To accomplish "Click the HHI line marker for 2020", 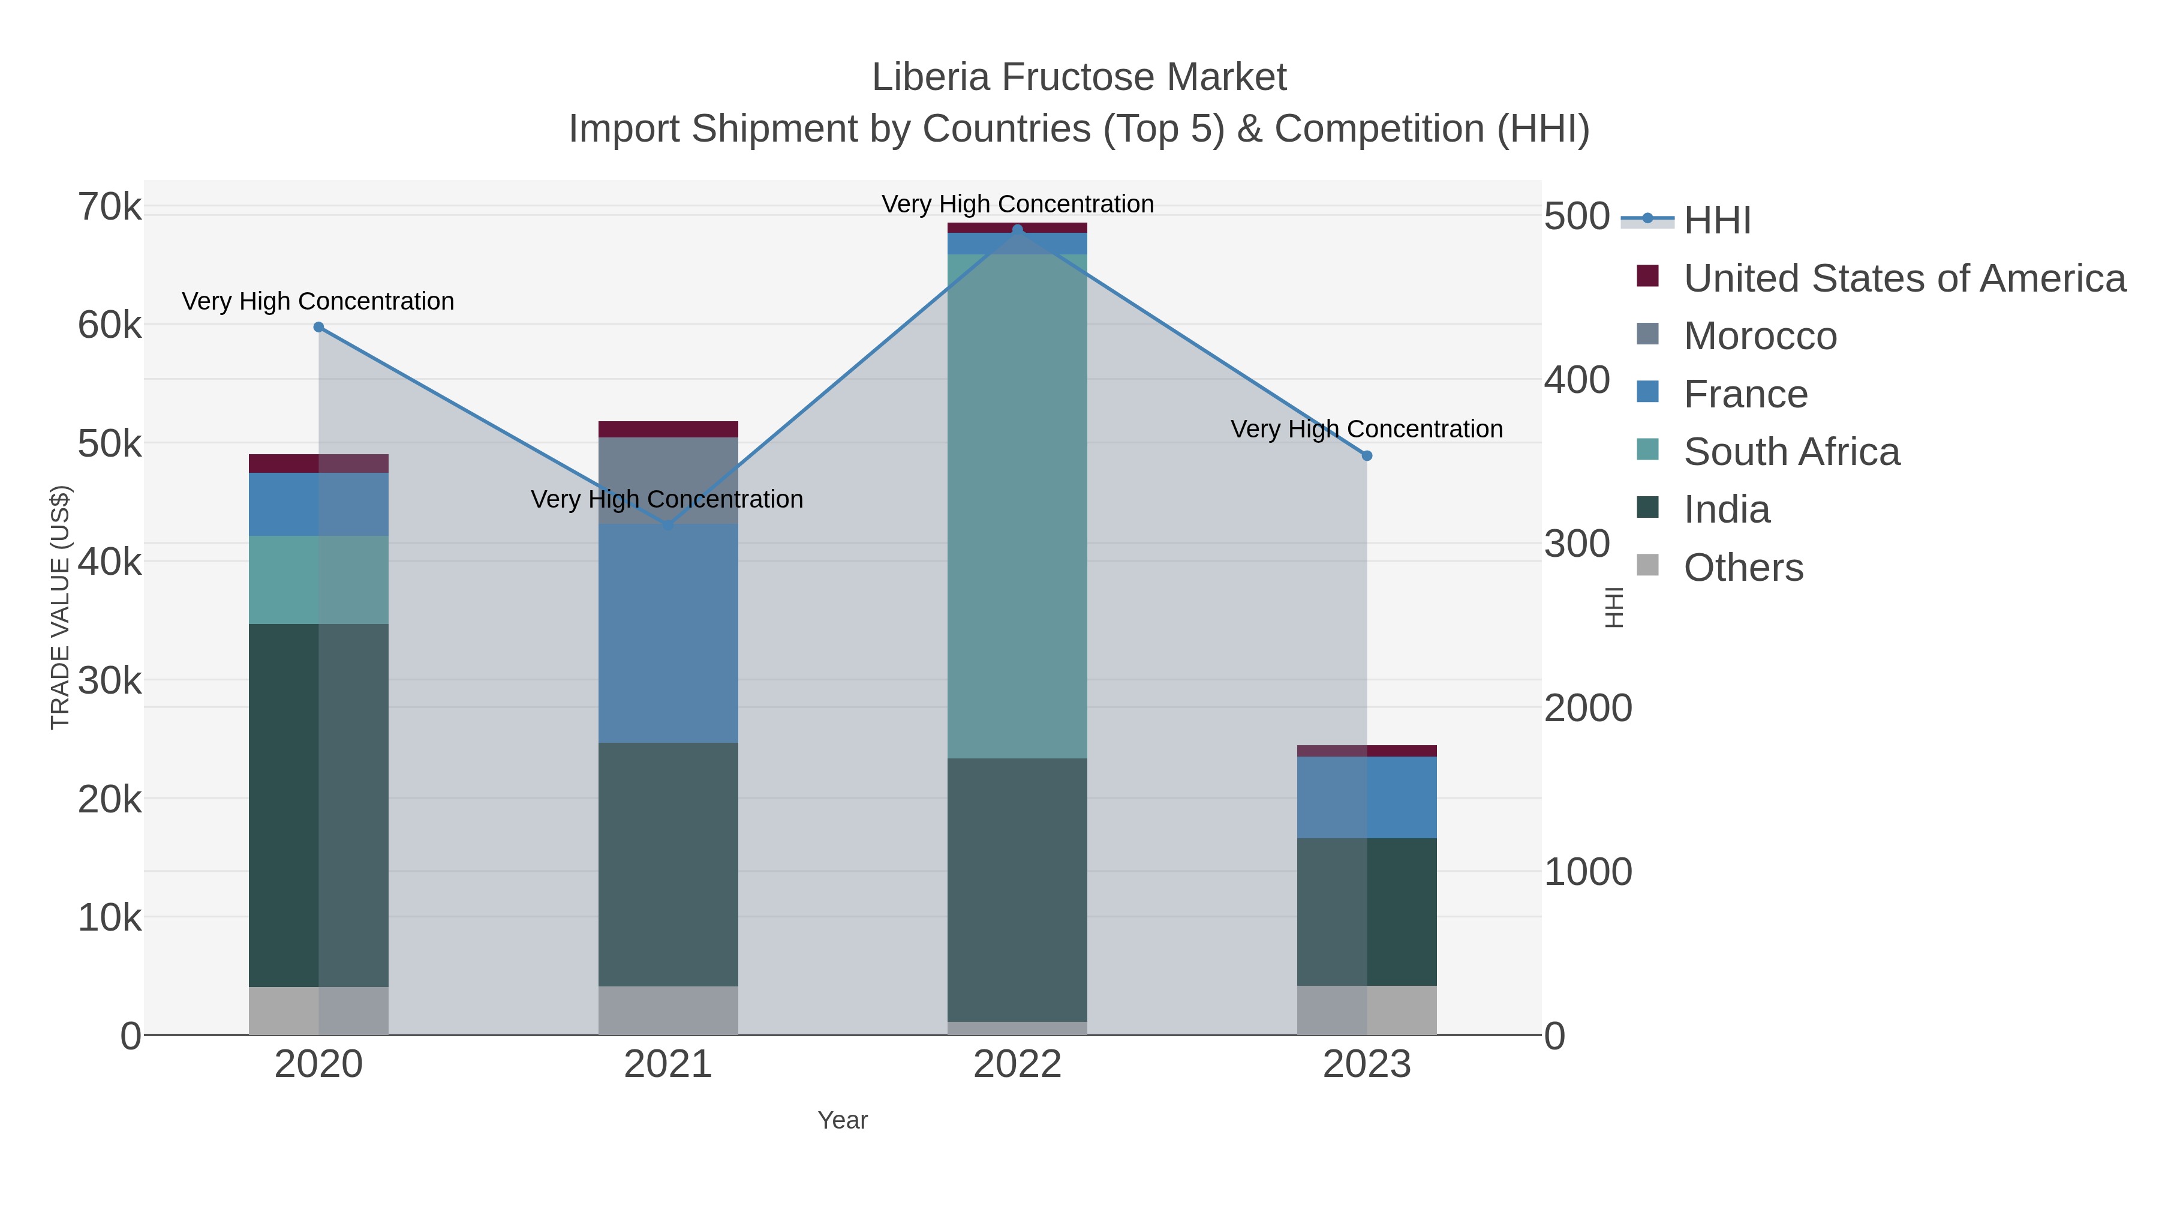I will click(318, 327).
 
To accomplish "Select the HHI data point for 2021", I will click(668, 525).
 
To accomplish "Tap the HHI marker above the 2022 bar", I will click(1018, 230).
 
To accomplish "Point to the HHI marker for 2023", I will click(1367, 455).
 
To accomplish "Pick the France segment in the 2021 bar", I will click(668, 633).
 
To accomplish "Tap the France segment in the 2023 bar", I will click(1367, 797).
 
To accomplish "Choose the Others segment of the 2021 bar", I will click(668, 1010).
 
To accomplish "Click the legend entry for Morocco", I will click(1760, 336).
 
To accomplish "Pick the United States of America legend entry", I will click(1904, 278).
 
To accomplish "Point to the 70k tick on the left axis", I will click(110, 207).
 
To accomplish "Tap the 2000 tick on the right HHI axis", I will click(1588, 708).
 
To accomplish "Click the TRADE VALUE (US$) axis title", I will click(61, 607).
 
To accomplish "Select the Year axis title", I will click(843, 1120).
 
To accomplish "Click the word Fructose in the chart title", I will click(1079, 77).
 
